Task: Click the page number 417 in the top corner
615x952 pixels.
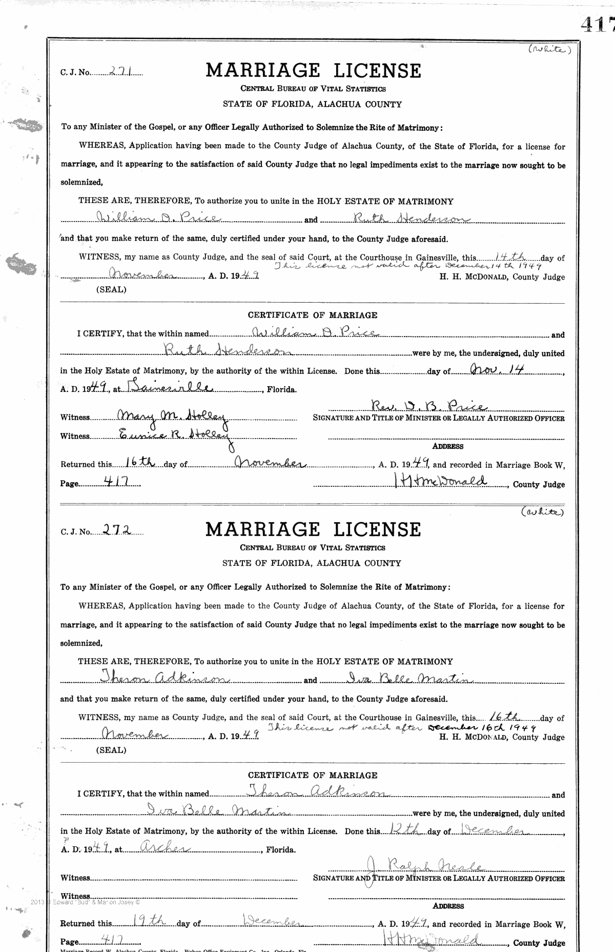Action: pos(598,24)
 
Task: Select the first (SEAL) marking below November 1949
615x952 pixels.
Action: pos(111,289)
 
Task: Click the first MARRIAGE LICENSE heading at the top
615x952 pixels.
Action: pos(313,70)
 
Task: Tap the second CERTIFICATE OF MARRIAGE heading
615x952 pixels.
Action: pos(313,775)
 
